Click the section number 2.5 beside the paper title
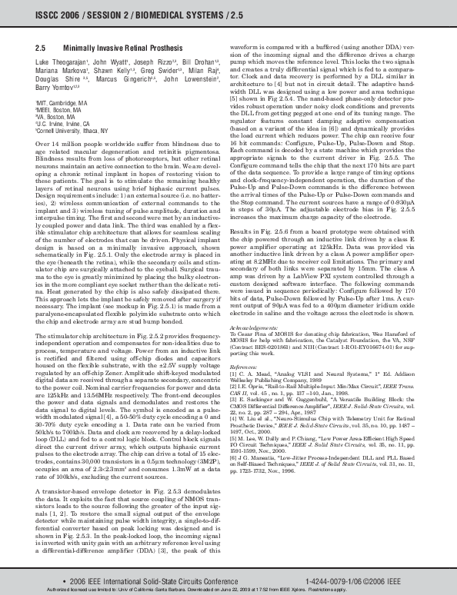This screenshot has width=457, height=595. click(x=42, y=48)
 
